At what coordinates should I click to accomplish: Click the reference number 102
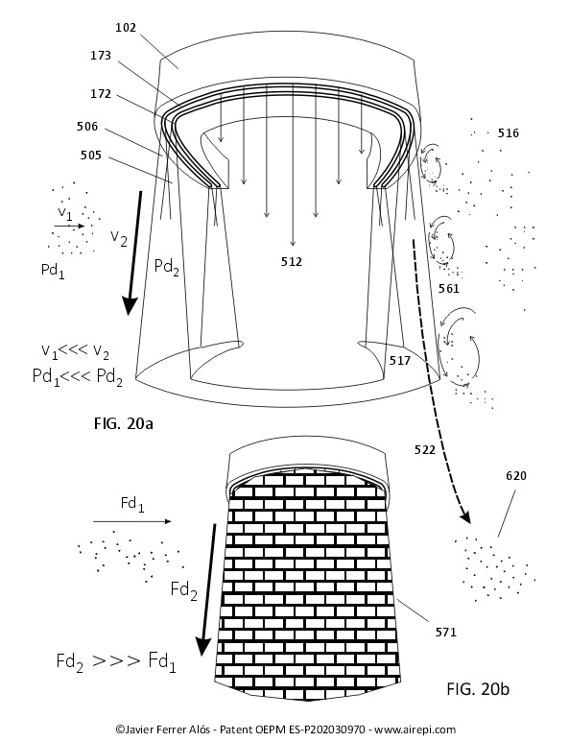pos(126,28)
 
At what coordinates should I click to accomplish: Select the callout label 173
pos(101,56)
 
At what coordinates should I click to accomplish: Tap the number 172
pos(101,94)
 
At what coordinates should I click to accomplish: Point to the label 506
pos(87,127)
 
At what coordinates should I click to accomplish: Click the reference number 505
pos(90,155)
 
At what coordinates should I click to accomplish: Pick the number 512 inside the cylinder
pos(292,262)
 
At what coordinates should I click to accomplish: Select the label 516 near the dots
pos(508,133)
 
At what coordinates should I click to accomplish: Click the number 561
pos(449,288)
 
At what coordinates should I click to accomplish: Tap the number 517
pos(400,361)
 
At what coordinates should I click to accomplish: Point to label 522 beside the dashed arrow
pos(425,449)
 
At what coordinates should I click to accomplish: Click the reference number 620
pos(516,475)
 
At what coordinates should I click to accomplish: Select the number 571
pos(446,632)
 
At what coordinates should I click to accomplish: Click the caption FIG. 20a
pos(124,423)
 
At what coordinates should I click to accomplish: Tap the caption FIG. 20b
pos(478,689)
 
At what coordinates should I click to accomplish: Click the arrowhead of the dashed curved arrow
pos(465,517)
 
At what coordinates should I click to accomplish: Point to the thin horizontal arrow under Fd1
pos(132,521)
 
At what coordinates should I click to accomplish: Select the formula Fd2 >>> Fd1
pos(116,661)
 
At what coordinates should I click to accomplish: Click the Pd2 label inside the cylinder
pos(167,268)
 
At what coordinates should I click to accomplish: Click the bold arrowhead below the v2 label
pos(129,305)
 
